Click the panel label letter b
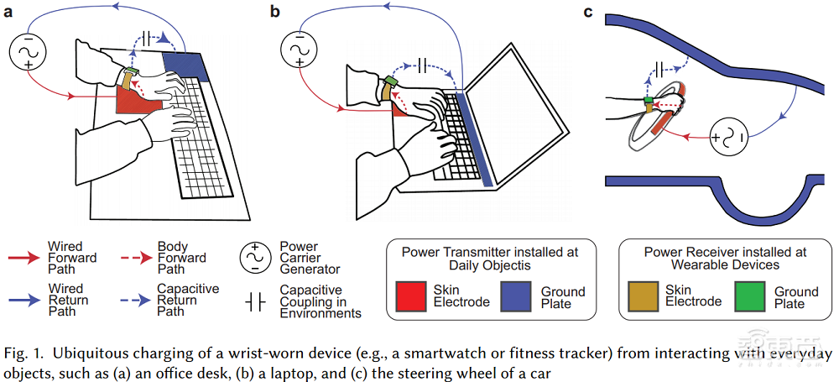[274, 11]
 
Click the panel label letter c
[588, 11]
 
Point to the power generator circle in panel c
[727, 136]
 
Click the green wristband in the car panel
[649, 103]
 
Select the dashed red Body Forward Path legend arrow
[135, 258]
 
